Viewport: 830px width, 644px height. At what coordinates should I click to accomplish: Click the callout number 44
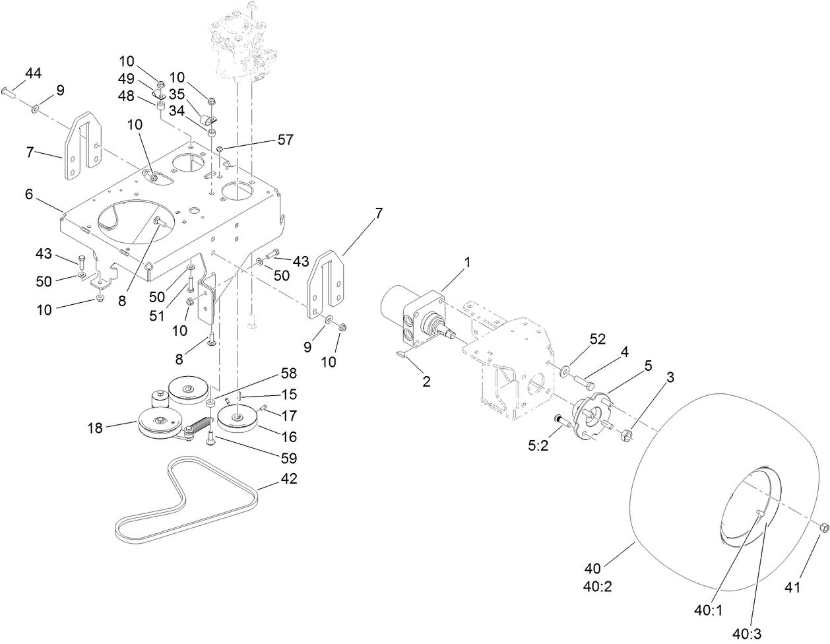click(x=33, y=73)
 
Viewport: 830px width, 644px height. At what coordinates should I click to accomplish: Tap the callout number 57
click(x=285, y=139)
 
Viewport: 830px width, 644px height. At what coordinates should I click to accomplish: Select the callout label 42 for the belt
click(x=288, y=479)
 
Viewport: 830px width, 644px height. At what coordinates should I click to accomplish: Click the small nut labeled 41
click(x=823, y=527)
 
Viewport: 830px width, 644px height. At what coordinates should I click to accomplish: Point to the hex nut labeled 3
click(x=627, y=435)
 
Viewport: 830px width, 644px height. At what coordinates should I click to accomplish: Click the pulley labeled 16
click(x=236, y=420)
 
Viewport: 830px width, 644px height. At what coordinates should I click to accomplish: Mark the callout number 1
click(x=468, y=263)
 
